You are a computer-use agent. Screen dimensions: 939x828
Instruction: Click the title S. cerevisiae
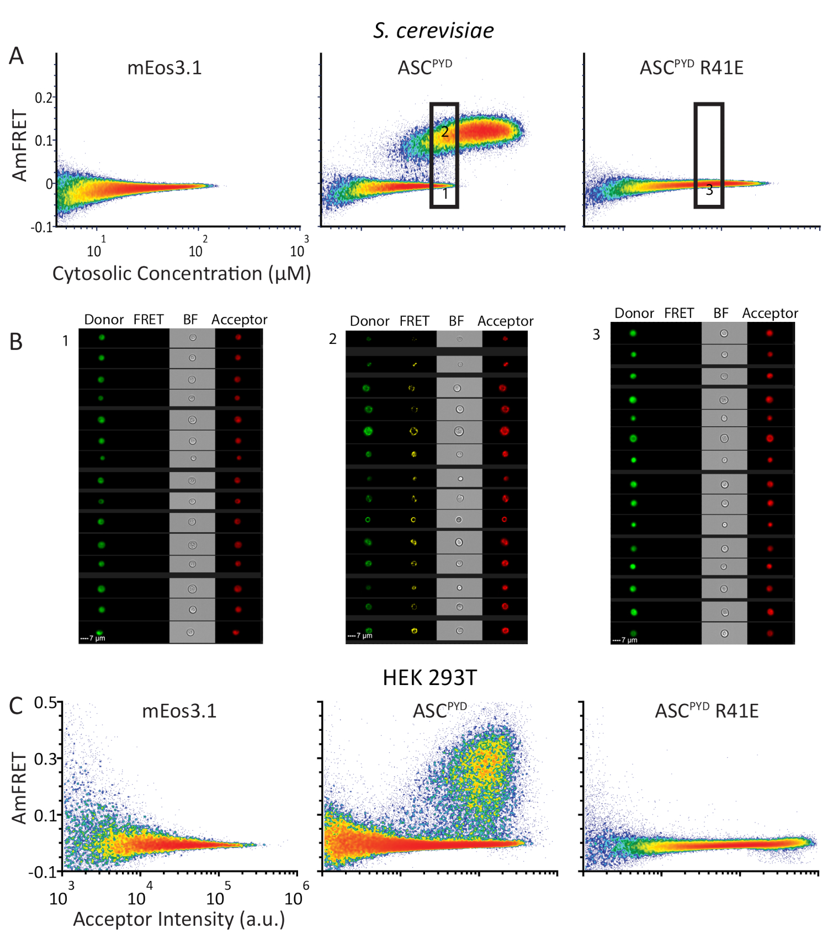433,31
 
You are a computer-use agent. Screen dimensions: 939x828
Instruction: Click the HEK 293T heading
429,677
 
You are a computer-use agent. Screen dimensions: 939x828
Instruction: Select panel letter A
17,56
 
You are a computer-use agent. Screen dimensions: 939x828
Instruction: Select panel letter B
16,342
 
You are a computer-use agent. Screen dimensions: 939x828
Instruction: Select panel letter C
16,706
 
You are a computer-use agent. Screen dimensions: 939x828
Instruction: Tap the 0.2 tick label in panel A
44,98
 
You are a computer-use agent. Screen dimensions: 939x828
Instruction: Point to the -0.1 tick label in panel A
41,227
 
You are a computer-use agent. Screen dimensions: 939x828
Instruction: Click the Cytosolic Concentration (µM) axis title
182,274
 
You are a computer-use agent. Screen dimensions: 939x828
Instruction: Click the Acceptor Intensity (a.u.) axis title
179,919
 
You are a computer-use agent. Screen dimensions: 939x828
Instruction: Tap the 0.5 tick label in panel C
45,703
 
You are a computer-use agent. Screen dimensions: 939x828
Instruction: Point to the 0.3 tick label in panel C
45,759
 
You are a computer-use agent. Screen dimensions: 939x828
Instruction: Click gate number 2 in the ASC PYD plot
444,132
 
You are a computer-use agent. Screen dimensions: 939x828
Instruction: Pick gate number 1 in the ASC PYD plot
444,194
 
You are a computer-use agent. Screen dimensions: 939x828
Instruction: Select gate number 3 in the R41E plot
709,190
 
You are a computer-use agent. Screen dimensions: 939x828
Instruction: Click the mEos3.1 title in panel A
164,68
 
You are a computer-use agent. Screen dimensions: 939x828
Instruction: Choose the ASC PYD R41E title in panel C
706,710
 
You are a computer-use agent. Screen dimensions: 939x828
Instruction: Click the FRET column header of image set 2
414,321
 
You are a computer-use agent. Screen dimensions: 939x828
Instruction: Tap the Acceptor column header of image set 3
770,313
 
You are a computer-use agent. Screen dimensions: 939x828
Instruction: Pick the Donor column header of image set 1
104,320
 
